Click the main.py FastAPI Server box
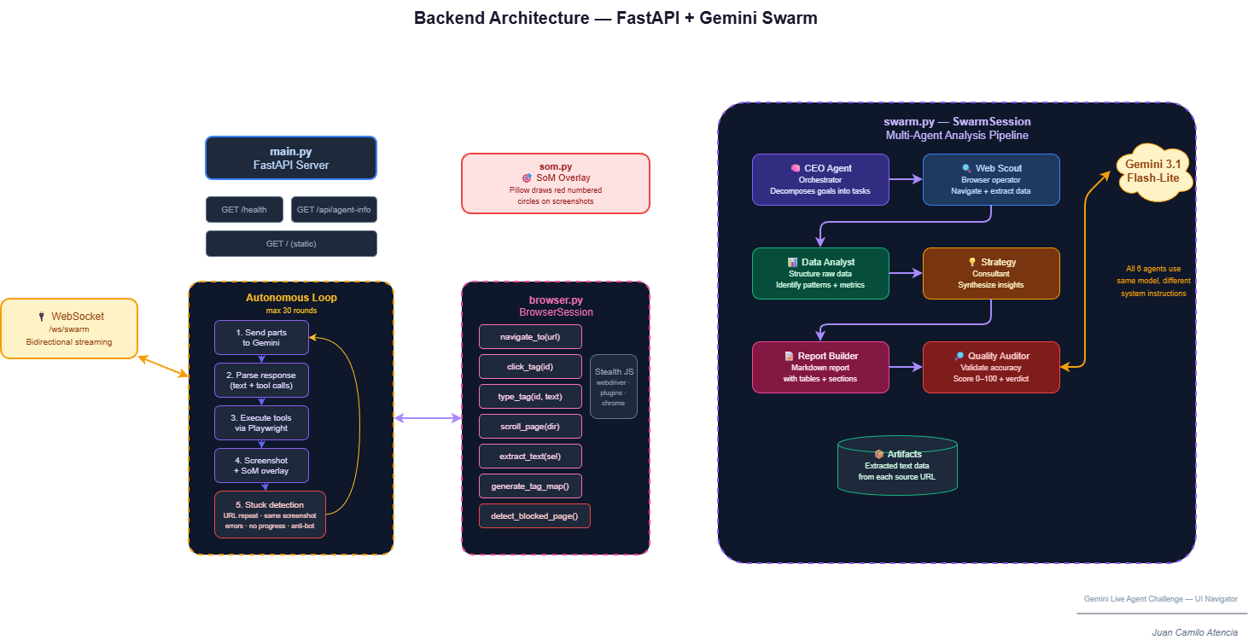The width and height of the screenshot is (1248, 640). [x=291, y=158]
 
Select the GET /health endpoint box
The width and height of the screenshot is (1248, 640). [x=244, y=209]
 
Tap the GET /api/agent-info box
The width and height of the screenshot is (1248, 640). [x=334, y=209]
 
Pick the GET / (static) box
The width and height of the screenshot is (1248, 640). [x=291, y=243]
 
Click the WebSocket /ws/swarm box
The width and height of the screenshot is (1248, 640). [x=69, y=328]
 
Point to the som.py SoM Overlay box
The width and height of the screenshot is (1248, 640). [x=556, y=183]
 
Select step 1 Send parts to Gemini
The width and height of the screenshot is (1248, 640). [x=261, y=337]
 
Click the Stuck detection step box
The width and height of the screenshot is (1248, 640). [x=270, y=514]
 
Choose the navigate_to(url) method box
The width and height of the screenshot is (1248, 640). [x=530, y=336]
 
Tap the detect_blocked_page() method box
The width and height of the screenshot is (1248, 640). [x=534, y=515]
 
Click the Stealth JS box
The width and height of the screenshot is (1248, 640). [x=614, y=386]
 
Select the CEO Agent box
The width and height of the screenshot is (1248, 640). [x=820, y=179]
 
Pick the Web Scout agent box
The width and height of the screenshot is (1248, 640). [x=991, y=179]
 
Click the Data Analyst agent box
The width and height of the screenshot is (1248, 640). [x=820, y=273]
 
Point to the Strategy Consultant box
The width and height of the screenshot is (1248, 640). [x=991, y=273]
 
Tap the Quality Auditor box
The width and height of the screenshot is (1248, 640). [x=991, y=367]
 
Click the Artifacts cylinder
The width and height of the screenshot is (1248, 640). [x=897, y=465]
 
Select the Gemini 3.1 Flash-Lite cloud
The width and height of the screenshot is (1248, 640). [x=1153, y=172]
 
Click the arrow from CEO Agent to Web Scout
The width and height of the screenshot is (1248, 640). [x=906, y=179]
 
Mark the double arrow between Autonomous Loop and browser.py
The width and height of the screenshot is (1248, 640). [x=428, y=418]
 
